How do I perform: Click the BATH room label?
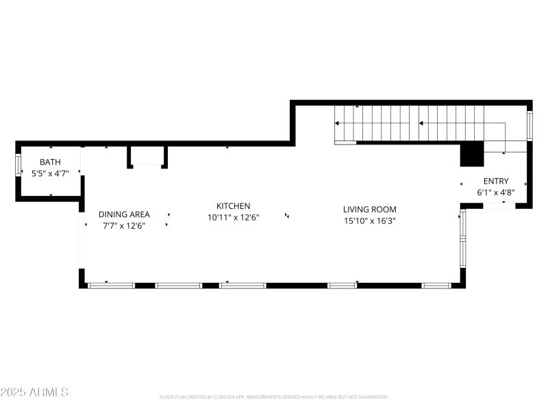50,162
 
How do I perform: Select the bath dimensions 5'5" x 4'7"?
50,173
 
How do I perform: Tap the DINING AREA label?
124,214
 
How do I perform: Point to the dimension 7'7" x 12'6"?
124,225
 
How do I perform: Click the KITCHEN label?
233,206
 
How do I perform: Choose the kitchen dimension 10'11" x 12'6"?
233,217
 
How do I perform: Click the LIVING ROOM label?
370,210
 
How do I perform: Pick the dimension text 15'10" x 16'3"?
370,221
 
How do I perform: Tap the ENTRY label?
496,182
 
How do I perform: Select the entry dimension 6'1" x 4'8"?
496,192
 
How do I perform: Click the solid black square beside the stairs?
471,154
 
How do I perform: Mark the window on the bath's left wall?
18,167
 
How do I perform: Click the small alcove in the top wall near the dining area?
147,157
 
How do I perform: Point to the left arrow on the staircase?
338,124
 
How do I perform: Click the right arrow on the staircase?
422,124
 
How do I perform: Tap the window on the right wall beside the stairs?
529,125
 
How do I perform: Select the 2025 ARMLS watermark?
34,393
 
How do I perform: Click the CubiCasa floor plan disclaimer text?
274,397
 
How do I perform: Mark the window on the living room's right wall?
463,238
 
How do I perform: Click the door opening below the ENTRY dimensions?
499,204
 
